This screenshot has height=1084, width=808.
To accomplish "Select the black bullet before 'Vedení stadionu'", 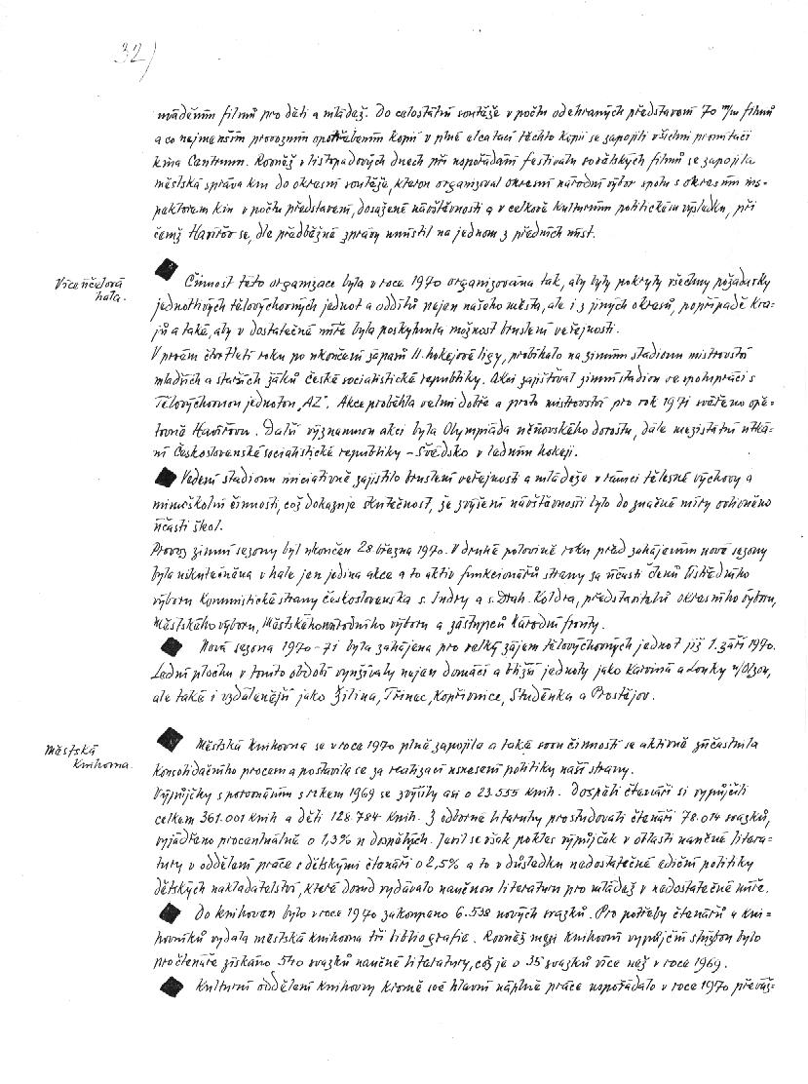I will point(168,476).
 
